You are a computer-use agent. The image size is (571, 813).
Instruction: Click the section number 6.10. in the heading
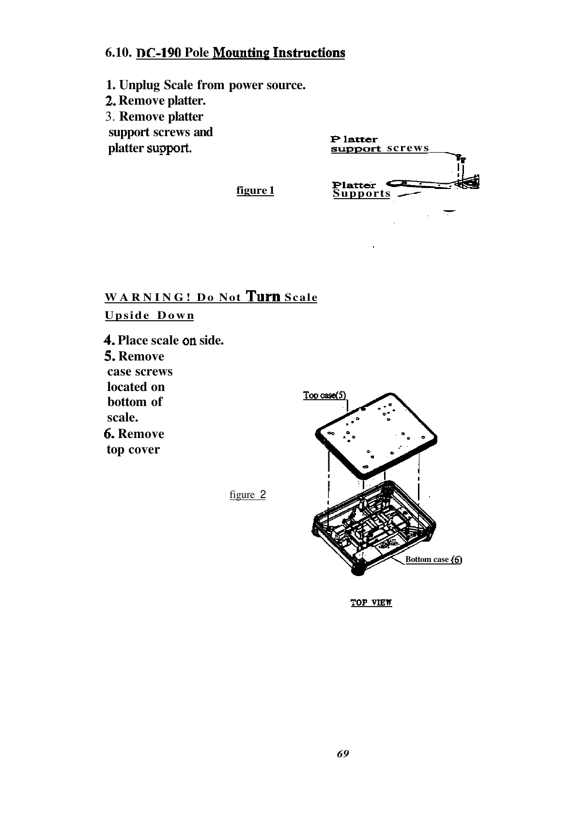(x=119, y=52)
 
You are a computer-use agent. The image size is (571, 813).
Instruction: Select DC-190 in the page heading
(x=159, y=52)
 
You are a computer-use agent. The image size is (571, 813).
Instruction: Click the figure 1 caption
(x=255, y=190)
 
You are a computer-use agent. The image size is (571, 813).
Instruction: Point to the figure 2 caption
(x=247, y=495)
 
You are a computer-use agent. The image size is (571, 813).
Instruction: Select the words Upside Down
(x=149, y=315)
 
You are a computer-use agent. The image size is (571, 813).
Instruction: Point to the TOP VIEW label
(x=371, y=603)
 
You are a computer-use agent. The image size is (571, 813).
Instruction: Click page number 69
(x=342, y=753)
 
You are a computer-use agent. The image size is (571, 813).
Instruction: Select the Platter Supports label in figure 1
(x=361, y=189)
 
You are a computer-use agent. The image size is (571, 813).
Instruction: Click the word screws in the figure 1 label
(x=408, y=148)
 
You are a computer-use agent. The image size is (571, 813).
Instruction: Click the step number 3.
(x=110, y=117)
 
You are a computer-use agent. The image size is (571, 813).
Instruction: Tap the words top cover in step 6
(x=133, y=450)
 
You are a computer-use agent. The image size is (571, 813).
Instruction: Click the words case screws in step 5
(x=140, y=372)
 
